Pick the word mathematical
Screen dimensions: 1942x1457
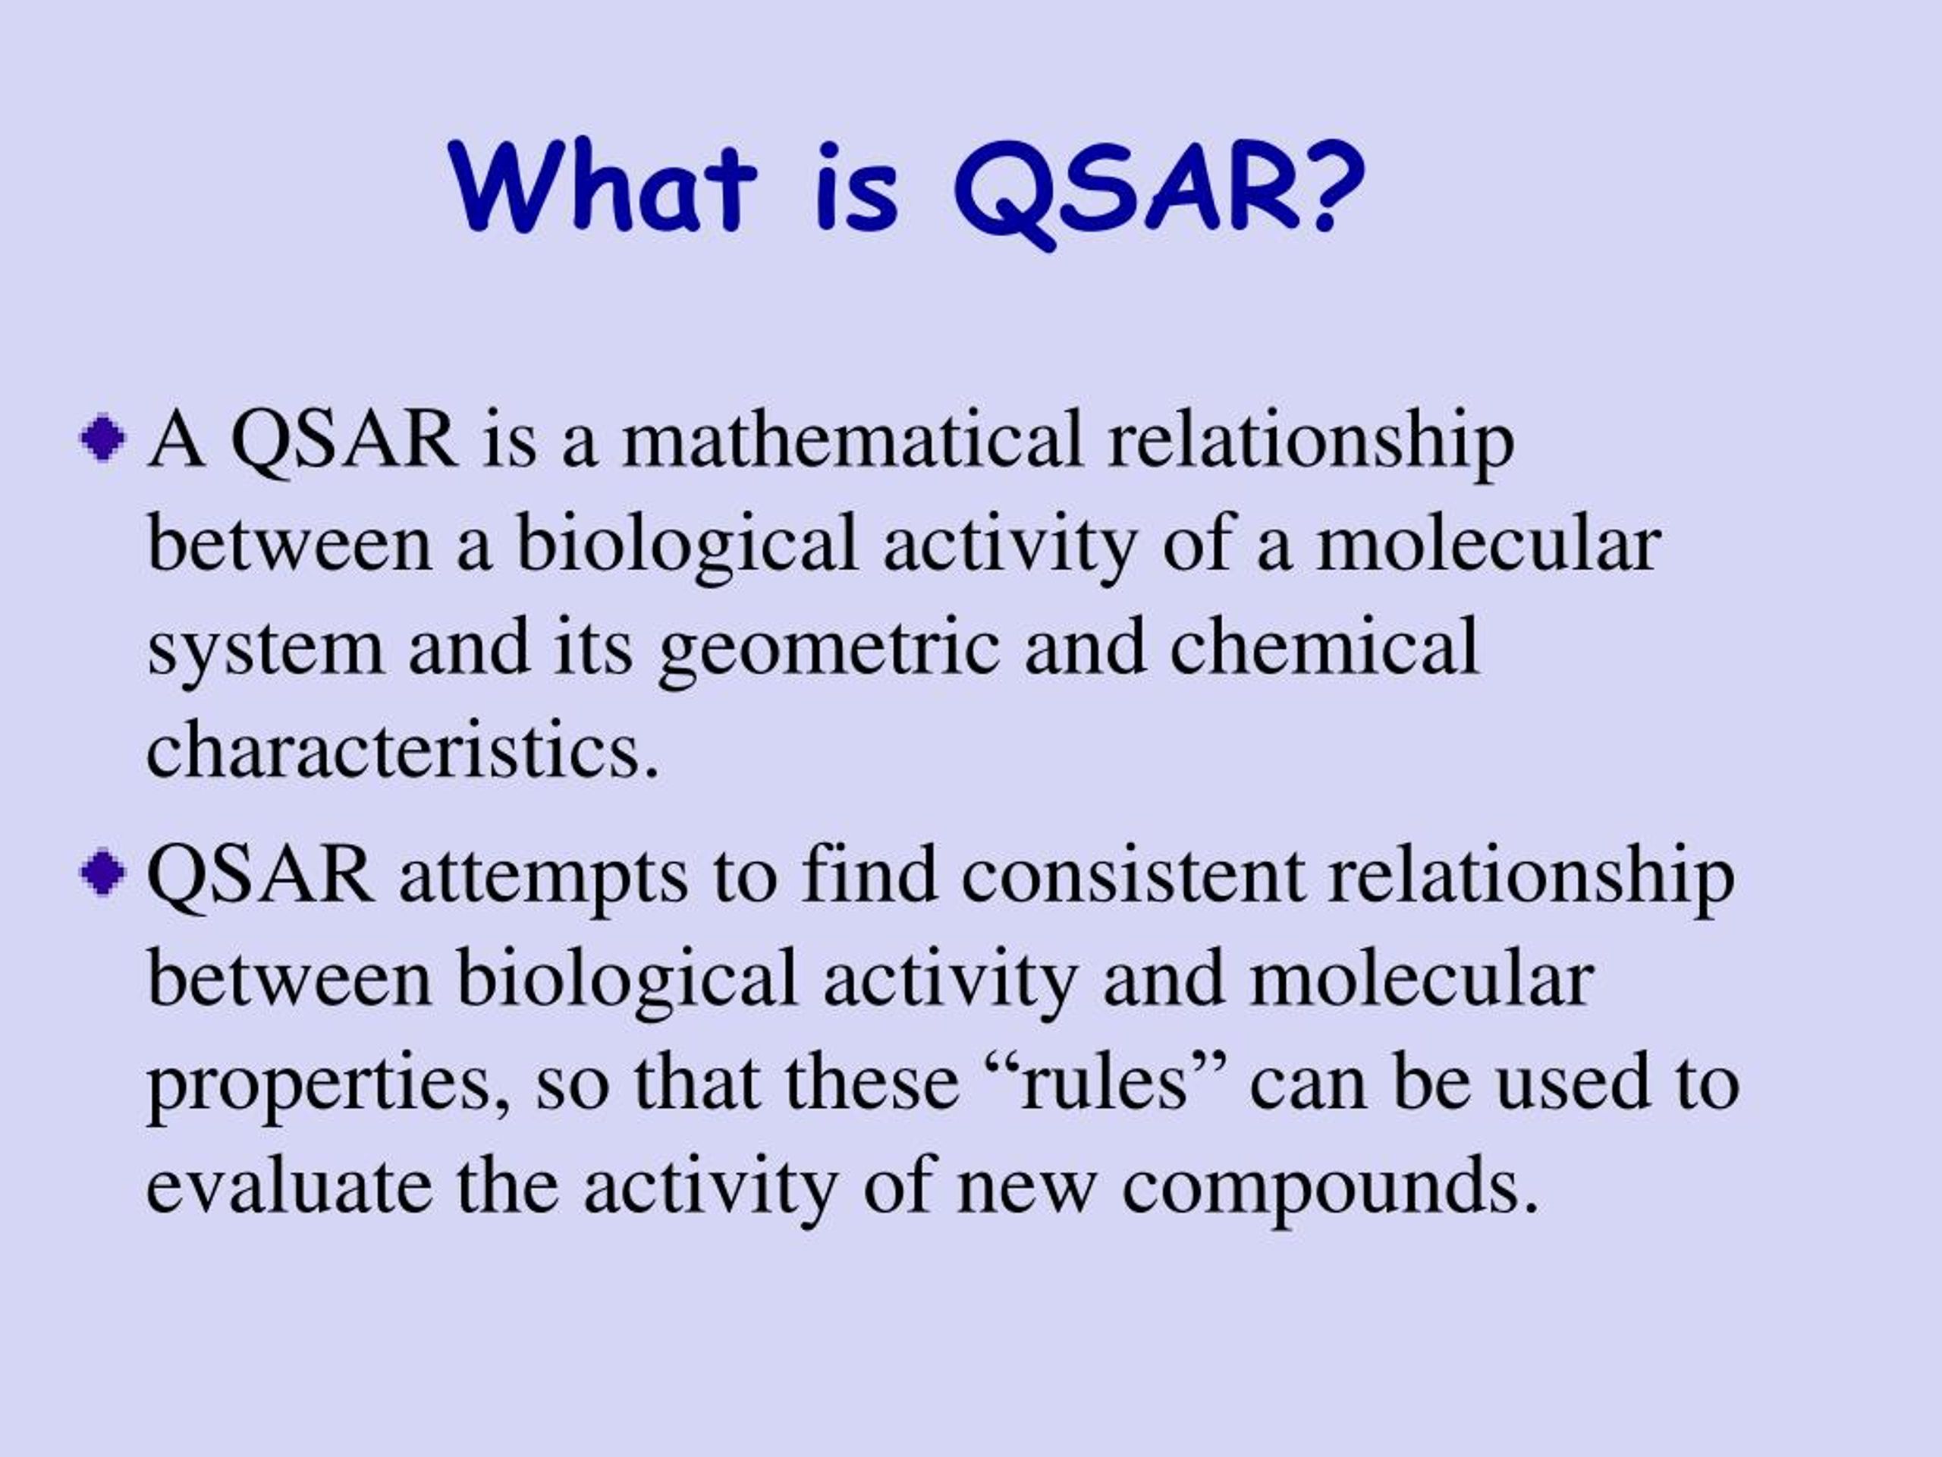(x=853, y=439)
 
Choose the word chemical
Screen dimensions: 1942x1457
(x=1325, y=647)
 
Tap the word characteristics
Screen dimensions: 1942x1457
(x=401, y=749)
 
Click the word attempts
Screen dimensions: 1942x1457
(x=543, y=877)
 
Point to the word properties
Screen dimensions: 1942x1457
(x=328, y=1084)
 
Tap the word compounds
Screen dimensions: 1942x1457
(x=1329, y=1189)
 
